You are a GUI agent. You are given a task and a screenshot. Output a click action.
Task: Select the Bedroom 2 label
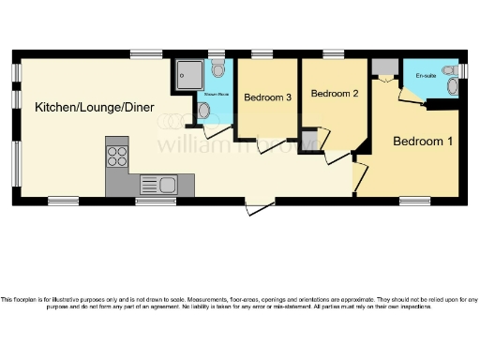pos(335,94)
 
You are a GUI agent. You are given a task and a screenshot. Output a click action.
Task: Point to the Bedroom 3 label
pos(267,97)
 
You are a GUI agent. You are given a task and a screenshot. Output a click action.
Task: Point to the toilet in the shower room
pos(217,69)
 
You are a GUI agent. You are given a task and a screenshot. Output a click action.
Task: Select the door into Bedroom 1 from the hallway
pos(359,176)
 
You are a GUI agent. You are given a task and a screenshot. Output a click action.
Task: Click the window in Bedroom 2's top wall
pos(332,52)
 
